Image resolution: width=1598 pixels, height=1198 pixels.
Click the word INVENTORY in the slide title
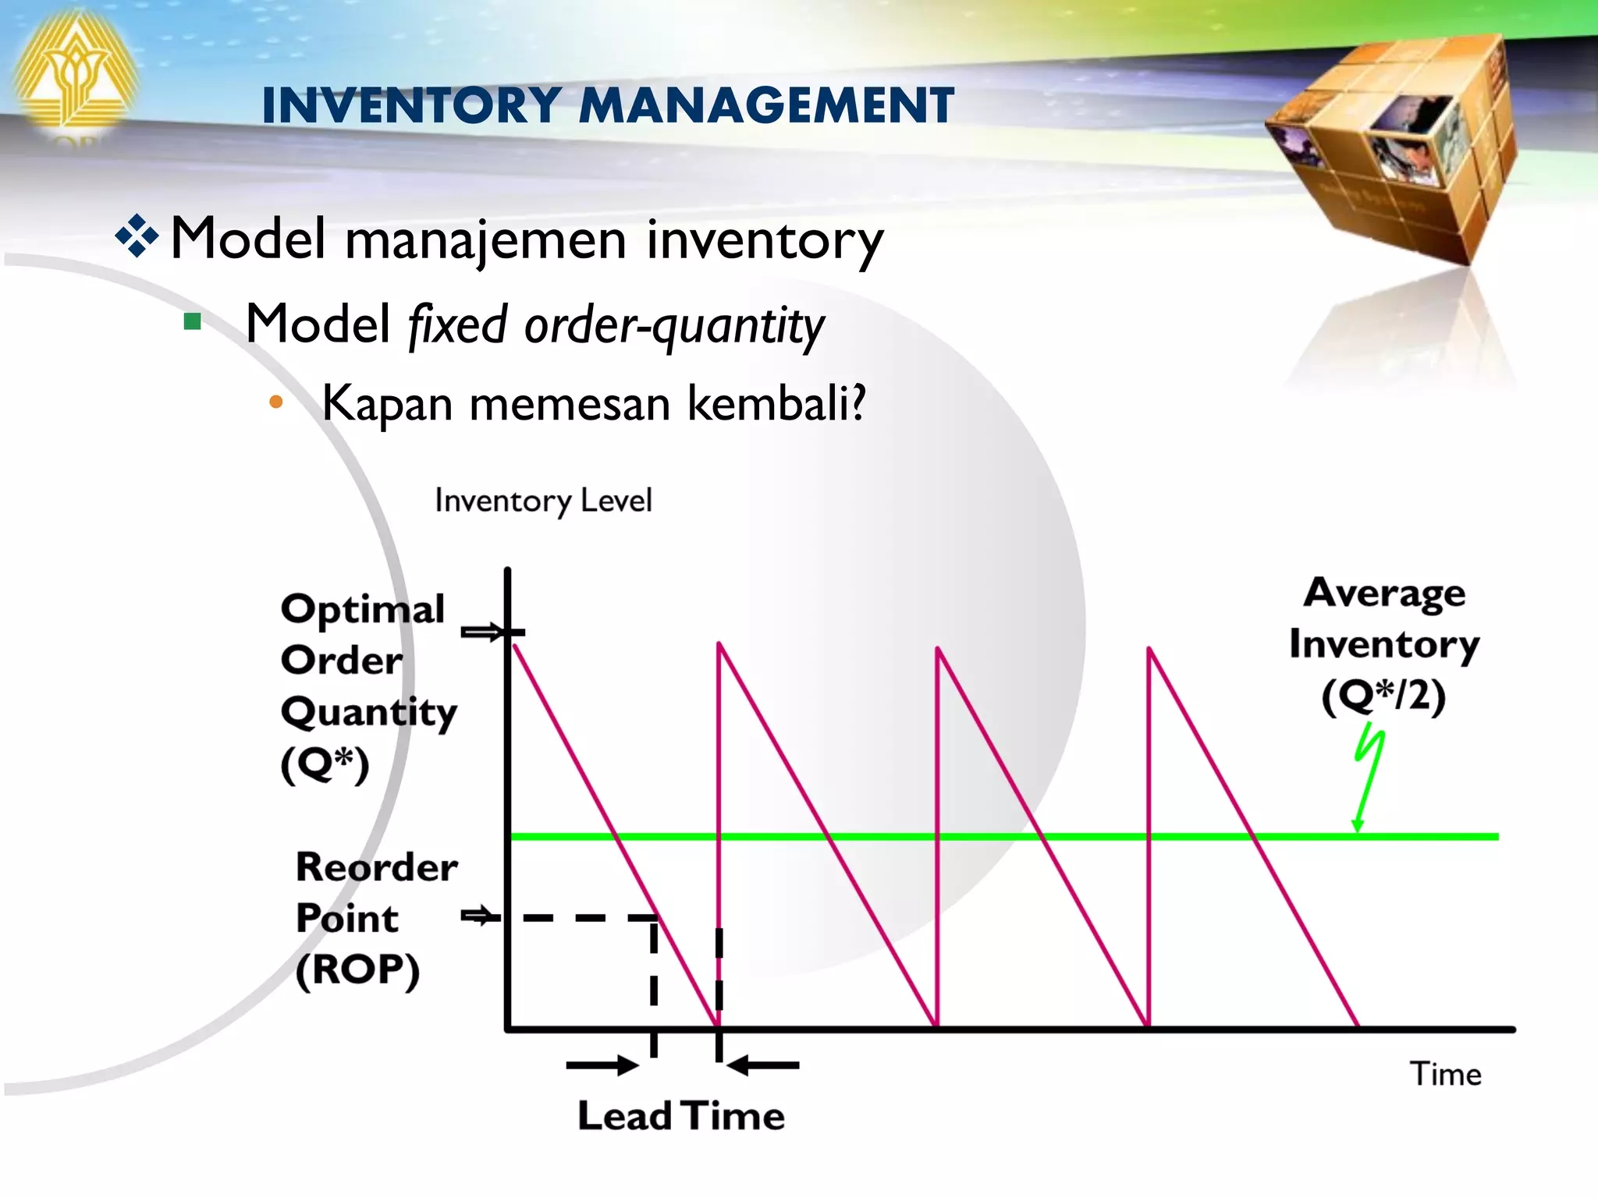(x=411, y=105)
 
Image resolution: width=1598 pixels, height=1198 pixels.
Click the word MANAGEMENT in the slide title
(x=766, y=105)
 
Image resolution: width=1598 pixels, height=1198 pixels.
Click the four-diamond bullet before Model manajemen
(x=137, y=236)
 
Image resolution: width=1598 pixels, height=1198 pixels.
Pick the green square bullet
(x=193, y=321)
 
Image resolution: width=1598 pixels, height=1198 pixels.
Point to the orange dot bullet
(x=275, y=402)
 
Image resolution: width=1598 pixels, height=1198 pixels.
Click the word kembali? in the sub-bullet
(x=776, y=404)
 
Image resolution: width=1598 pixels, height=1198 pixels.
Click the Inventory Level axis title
(x=543, y=501)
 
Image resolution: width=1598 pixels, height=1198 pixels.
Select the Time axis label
(x=1445, y=1074)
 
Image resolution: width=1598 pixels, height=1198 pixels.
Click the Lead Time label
(x=681, y=1115)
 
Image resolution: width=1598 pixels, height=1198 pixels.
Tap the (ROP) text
(x=357, y=970)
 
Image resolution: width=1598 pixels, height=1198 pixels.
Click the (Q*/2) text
(x=1383, y=696)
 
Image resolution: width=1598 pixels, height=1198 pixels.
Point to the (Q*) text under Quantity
(x=325, y=764)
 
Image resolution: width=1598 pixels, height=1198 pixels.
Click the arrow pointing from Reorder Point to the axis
(x=479, y=916)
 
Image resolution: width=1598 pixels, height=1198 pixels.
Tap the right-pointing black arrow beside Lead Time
(x=602, y=1065)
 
